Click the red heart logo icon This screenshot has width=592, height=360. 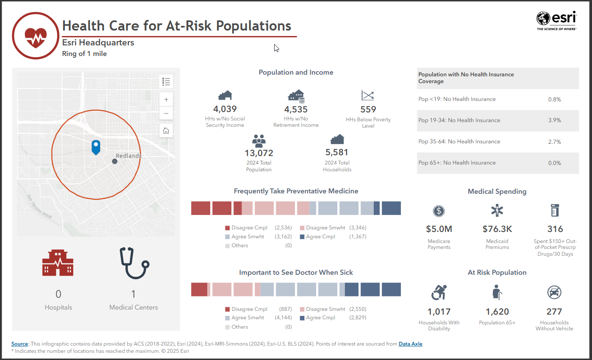point(35,36)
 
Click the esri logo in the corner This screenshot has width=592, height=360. point(556,20)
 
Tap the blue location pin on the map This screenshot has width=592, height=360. point(96,147)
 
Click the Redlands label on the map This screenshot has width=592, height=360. point(128,156)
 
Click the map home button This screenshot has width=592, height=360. point(166,131)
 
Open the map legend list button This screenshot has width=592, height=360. point(166,81)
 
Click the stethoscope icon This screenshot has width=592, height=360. point(134,263)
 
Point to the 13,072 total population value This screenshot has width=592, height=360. point(259,153)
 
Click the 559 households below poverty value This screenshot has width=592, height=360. point(368,109)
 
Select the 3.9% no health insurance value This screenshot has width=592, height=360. point(554,120)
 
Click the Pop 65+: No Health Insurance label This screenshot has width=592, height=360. point(457,163)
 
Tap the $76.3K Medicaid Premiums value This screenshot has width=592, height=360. point(497,229)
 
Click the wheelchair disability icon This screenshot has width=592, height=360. point(439,292)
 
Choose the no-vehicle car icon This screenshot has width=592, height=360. point(554,292)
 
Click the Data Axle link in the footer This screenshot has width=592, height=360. point(410,344)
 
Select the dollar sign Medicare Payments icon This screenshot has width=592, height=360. point(439,211)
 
